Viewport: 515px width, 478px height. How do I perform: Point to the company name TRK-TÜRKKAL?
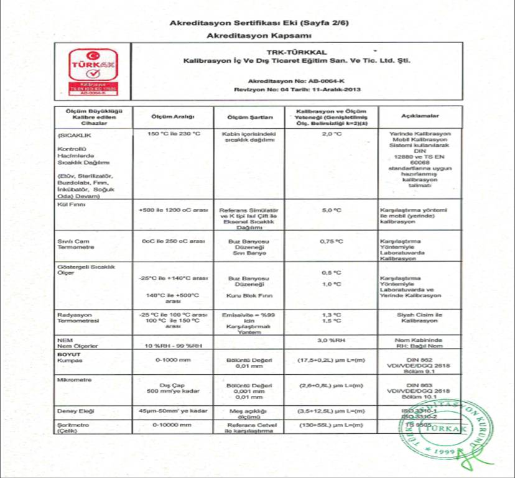292,53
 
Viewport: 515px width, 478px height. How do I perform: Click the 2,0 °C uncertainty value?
332,134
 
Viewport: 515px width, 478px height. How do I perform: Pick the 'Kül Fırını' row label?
70,203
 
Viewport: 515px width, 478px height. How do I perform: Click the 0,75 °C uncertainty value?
331,241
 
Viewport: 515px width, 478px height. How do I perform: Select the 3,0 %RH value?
331,340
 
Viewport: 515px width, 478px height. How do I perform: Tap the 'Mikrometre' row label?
71,378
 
